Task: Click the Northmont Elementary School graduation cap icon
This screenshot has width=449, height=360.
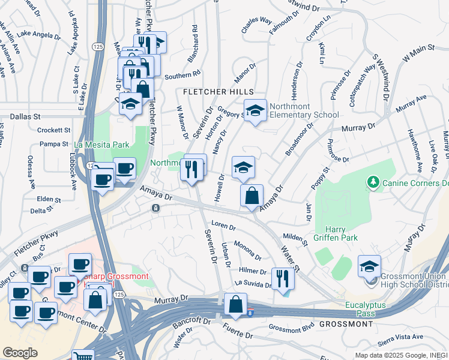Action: click(x=255, y=110)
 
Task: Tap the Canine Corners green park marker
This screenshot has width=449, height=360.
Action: click(x=373, y=181)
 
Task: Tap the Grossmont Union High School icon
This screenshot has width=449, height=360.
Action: click(x=369, y=266)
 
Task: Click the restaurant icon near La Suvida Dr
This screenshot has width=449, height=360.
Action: click(x=281, y=278)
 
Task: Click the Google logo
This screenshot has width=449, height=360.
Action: click(x=20, y=353)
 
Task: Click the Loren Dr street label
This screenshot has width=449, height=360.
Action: click(x=223, y=227)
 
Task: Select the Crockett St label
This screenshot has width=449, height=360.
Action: click(x=53, y=130)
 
